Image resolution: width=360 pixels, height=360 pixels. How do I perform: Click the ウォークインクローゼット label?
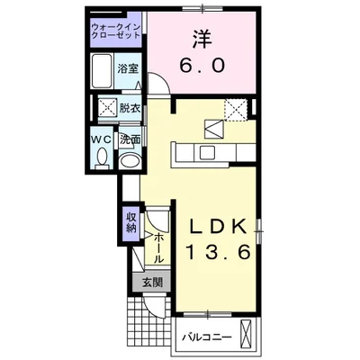(x=115, y=35)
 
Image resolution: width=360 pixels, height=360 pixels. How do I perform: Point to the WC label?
(x=102, y=139)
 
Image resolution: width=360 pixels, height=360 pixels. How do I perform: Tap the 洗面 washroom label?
(x=130, y=139)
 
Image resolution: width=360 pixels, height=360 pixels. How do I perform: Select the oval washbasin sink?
(x=130, y=160)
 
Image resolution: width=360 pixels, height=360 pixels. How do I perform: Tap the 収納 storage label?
(x=130, y=222)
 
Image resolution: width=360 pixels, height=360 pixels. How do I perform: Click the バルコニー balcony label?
(x=208, y=337)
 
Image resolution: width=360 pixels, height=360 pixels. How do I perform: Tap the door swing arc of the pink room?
(x=155, y=87)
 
